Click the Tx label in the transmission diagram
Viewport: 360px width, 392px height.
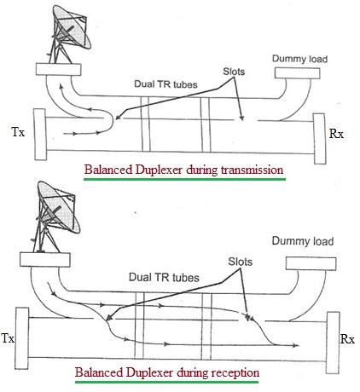16,135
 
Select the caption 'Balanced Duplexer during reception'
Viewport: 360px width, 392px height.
167,373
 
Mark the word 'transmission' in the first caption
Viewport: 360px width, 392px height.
245,170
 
